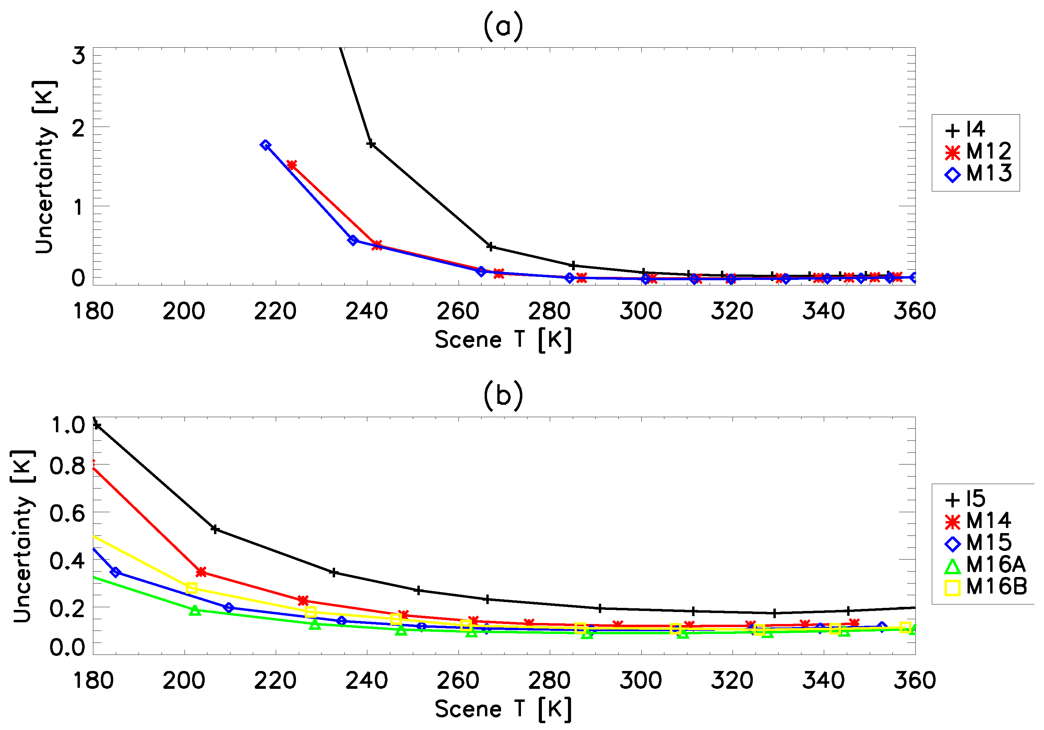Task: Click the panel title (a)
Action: pyautogui.click(x=503, y=27)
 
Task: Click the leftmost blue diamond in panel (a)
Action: pyautogui.click(x=266, y=145)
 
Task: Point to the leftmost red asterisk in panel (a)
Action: pyautogui.click(x=292, y=165)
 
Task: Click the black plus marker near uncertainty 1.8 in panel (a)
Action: pyautogui.click(x=371, y=144)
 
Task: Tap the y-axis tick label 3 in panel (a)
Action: pyautogui.click(x=79, y=56)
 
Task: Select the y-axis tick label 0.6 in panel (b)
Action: pyautogui.click(x=67, y=514)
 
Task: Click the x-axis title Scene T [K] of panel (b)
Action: pyautogui.click(x=503, y=709)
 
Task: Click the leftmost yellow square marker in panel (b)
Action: pyautogui.click(x=191, y=588)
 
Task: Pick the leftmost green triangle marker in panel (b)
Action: pyautogui.click(x=195, y=610)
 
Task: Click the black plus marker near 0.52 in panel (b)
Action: pyautogui.click(x=215, y=529)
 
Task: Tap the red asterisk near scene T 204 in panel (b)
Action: pyautogui.click(x=201, y=572)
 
